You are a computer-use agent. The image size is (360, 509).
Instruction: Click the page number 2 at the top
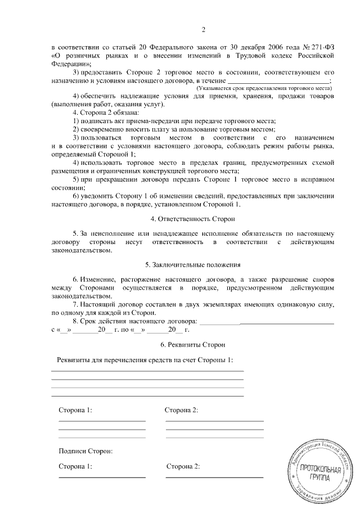coord(204,30)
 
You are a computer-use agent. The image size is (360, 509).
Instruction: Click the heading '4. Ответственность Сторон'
coord(193,218)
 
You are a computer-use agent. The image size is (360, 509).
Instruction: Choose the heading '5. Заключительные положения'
coord(193,264)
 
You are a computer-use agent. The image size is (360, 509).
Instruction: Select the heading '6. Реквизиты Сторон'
coord(193,344)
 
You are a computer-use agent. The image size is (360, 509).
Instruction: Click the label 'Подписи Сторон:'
coord(85,451)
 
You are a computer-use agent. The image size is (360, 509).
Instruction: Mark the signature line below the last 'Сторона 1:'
coord(102,477)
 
